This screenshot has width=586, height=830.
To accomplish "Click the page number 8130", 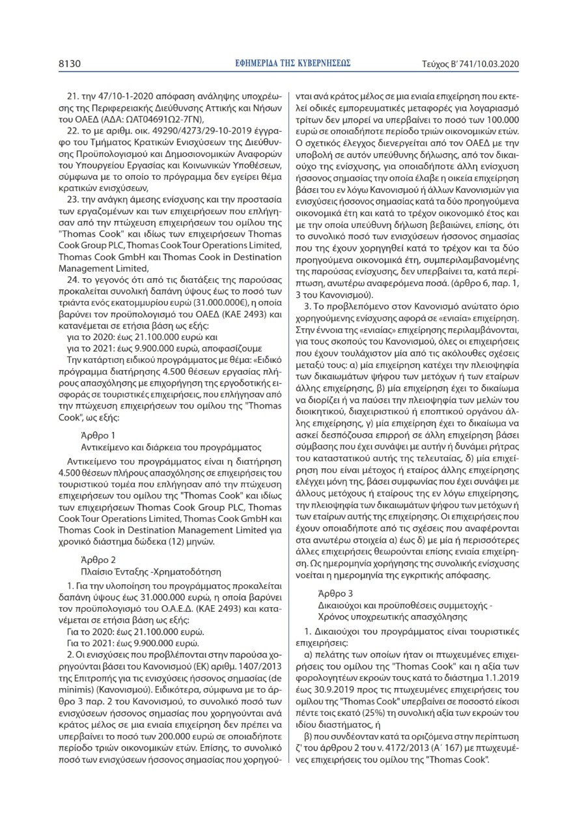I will pos(69,63).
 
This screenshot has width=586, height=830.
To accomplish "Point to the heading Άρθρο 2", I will pos(98,559).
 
